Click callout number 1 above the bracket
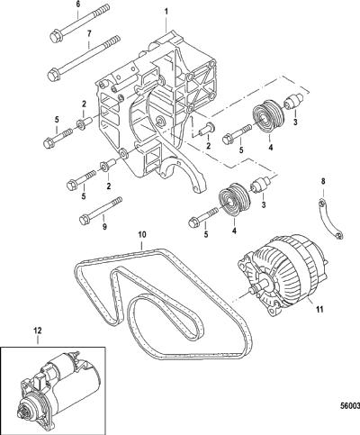[x=166, y=13]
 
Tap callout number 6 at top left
[x=78, y=5]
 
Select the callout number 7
[x=89, y=34]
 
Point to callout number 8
[x=323, y=181]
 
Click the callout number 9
[x=104, y=227]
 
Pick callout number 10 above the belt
[x=141, y=234]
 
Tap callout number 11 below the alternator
[x=320, y=309]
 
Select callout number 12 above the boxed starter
[x=38, y=331]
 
